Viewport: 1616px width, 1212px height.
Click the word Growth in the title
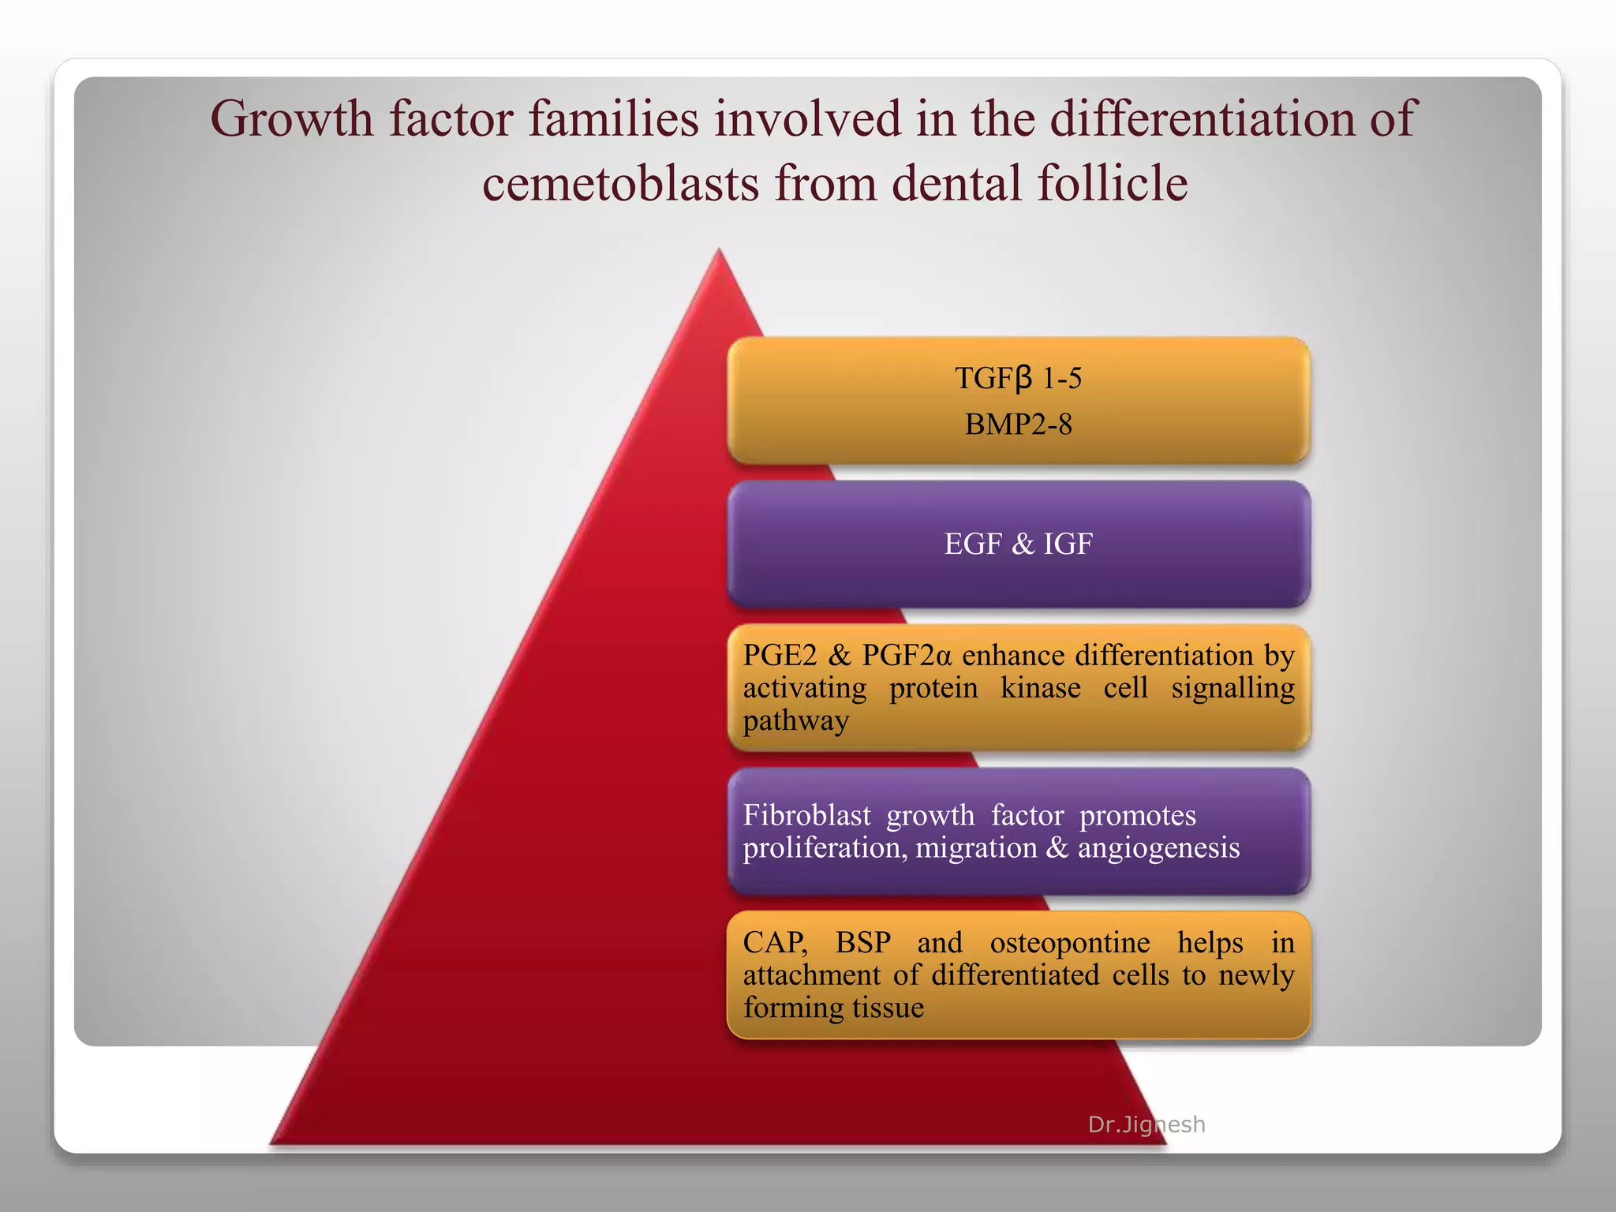291,121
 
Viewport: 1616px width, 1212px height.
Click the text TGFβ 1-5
1018,379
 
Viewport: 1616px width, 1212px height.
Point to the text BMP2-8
1018,425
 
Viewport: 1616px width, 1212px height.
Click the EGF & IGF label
1018,544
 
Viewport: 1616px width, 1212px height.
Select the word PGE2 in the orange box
780,656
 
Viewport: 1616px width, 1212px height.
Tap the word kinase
1040,688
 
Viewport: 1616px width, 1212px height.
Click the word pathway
795,721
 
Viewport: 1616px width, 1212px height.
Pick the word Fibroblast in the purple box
806,815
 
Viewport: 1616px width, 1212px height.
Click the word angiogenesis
1158,848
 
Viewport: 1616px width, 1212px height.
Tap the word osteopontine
1069,943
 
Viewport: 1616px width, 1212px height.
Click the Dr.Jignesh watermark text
1146,1124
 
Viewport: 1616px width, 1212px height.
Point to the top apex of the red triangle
719,252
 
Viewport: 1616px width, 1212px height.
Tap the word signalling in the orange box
1233,688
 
